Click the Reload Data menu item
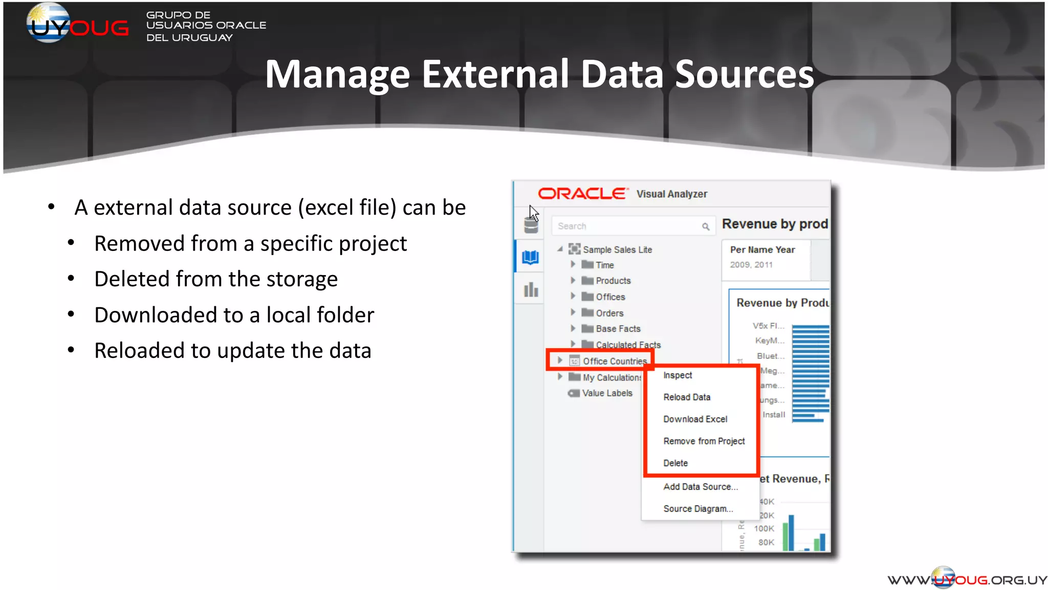click(x=687, y=397)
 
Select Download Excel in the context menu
click(x=695, y=419)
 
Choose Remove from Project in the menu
click(x=704, y=441)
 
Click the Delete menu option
click(x=675, y=463)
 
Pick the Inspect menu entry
click(x=678, y=375)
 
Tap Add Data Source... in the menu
click(x=700, y=487)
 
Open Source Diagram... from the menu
click(x=698, y=509)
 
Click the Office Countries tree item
click(x=615, y=361)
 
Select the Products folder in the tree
click(x=613, y=281)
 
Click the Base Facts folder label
click(x=618, y=329)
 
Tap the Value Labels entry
click(x=607, y=393)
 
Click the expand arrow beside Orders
click(x=573, y=312)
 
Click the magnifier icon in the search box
click(x=706, y=226)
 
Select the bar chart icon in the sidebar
click(x=531, y=290)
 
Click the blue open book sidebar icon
click(x=530, y=257)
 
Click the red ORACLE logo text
click(x=582, y=194)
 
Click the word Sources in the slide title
click(x=744, y=75)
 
